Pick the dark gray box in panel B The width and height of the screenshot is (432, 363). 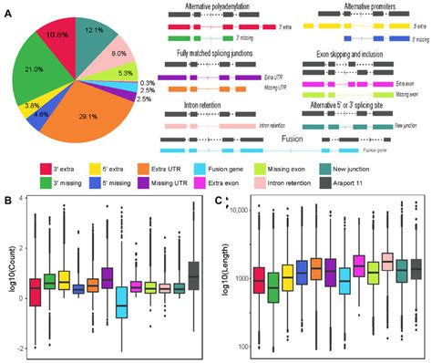tap(192, 275)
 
